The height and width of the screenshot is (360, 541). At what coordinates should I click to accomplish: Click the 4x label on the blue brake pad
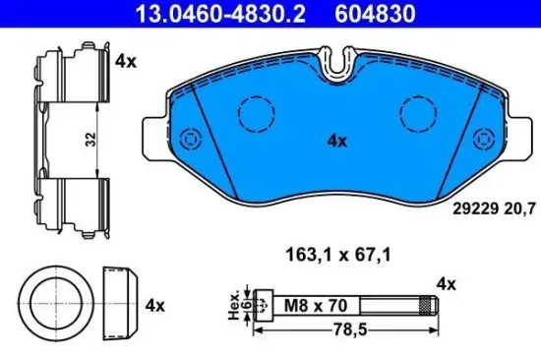(336, 141)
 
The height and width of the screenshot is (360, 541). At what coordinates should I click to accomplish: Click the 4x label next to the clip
(124, 60)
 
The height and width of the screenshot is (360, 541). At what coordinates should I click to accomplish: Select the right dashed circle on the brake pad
(412, 112)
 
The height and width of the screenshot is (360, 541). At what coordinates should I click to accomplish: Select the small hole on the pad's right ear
(481, 137)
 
